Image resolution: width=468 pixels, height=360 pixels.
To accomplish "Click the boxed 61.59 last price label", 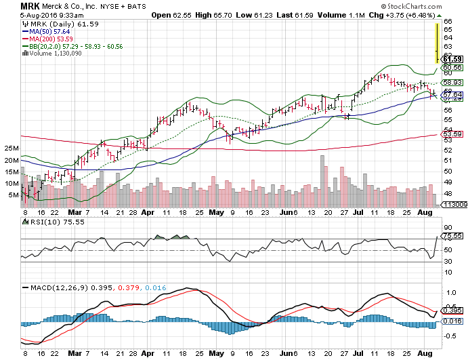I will pyautogui.click(x=452, y=59).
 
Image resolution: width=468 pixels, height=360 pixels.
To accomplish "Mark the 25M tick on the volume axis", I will pyautogui.click(x=10, y=148).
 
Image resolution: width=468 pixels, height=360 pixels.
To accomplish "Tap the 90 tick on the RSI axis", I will pyautogui.click(x=448, y=228).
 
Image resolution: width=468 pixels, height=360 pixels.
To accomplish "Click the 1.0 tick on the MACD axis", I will pyautogui.click(x=449, y=292).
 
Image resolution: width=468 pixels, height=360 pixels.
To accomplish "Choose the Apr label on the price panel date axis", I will pyautogui.click(x=148, y=212).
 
